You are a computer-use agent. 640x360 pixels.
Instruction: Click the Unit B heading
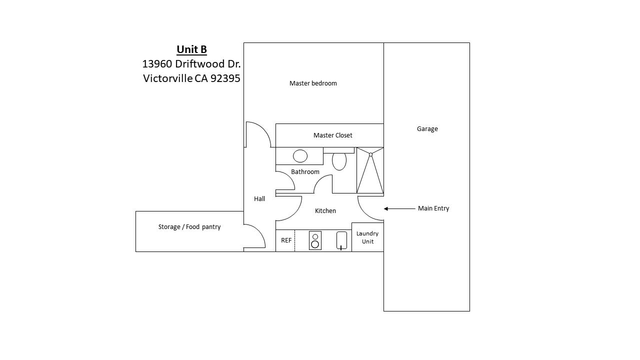(x=191, y=49)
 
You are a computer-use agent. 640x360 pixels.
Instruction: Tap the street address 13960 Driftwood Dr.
(x=191, y=64)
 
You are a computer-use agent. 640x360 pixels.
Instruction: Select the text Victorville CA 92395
(x=191, y=78)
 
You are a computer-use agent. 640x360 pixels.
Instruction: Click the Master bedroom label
(x=313, y=83)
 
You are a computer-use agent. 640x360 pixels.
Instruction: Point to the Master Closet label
(x=332, y=135)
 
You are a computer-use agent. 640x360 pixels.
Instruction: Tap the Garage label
(x=427, y=129)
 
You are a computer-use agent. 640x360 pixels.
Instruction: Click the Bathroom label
(x=305, y=172)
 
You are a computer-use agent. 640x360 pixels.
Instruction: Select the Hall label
(x=259, y=199)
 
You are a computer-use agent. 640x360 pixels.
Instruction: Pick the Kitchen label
(x=325, y=211)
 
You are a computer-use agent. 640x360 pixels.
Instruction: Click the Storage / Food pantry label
(x=189, y=227)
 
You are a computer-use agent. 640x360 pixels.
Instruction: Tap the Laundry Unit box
(x=367, y=237)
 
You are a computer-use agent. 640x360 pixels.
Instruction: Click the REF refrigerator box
(x=285, y=240)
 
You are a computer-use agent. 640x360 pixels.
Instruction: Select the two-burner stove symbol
(x=315, y=240)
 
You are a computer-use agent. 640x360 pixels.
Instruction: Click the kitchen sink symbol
(x=341, y=240)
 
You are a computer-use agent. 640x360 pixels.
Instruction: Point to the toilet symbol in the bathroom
(x=339, y=161)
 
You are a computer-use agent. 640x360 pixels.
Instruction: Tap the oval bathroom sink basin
(x=300, y=156)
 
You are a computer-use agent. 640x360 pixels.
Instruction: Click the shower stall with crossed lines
(x=370, y=170)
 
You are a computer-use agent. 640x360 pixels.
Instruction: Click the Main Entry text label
(x=433, y=208)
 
